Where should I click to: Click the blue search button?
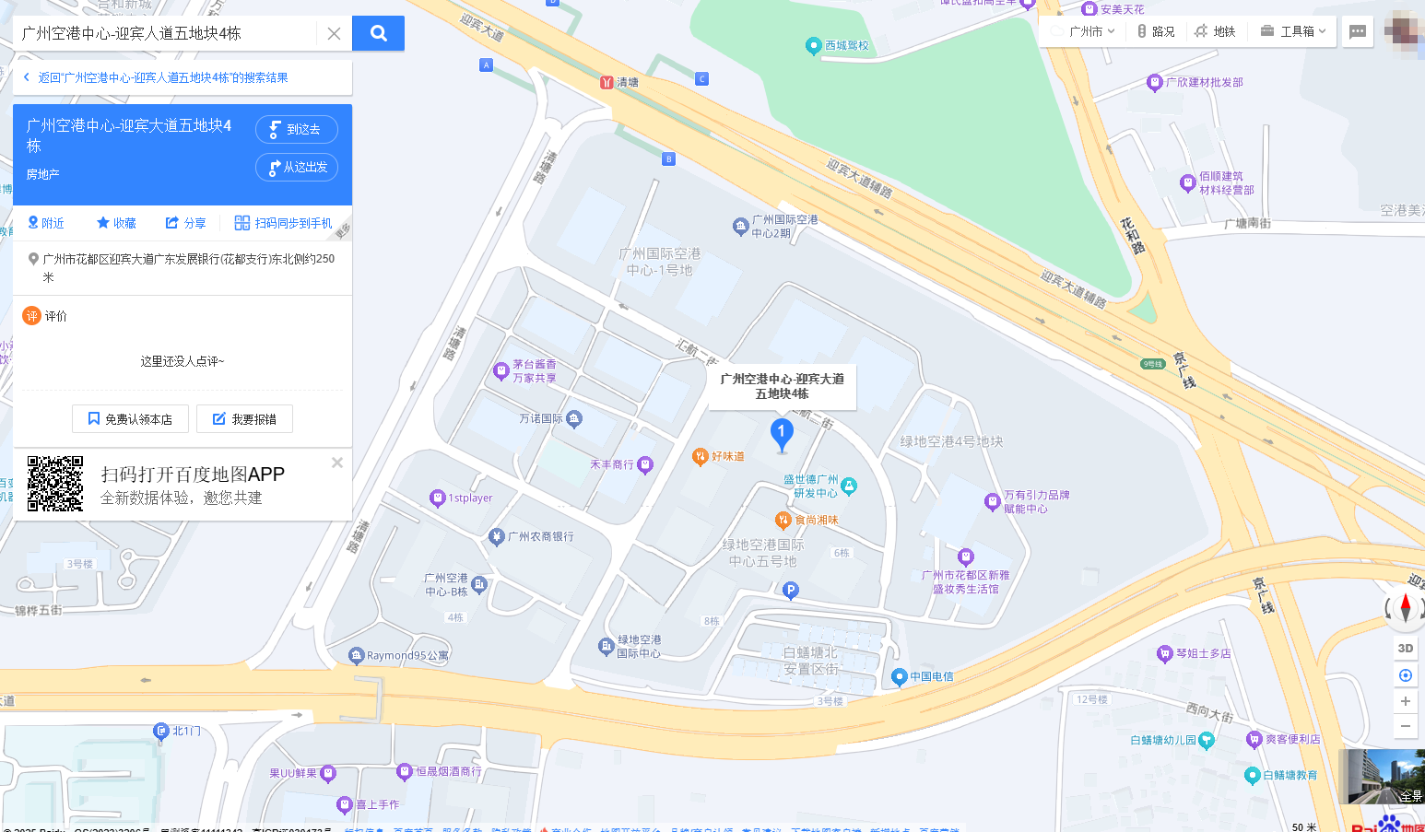click(x=378, y=33)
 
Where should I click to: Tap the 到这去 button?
click(x=296, y=130)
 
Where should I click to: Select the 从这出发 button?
click(x=296, y=168)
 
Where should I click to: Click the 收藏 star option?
click(x=116, y=223)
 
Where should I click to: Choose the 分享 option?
click(x=185, y=223)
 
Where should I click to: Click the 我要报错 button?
click(x=244, y=419)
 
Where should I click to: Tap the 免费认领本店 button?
click(x=130, y=419)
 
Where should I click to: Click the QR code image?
click(x=55, y=484)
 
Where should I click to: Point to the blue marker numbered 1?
click(x=782, y=433)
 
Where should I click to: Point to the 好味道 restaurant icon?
click(x=701, y=456)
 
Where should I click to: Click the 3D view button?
click(x=1405, y=648)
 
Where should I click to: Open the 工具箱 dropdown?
click(x=1293, y=31)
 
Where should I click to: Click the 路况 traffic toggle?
click(x=1156, y=31)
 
